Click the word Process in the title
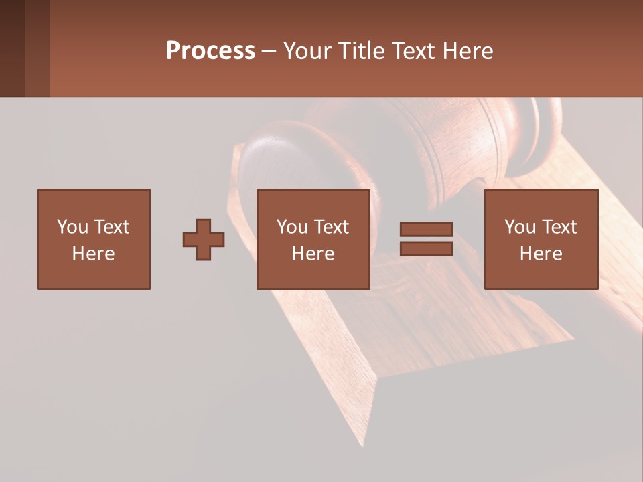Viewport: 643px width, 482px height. [x=210, y=51]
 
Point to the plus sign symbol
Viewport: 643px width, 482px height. [x=204, y=240]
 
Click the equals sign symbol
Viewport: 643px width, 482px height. [x=426, y=239]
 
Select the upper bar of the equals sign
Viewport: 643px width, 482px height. [x=426, y=230]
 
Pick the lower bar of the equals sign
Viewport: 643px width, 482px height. [x=426, y=249]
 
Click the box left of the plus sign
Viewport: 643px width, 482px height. [x=94, y=239]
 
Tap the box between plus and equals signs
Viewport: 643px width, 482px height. [x=313, y=239]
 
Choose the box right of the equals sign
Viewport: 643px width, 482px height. [x=541, y=239]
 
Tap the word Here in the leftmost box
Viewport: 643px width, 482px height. [x=94, y=254]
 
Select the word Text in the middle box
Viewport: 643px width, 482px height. [x=331, y=227]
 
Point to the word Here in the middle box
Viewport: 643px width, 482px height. [x=313, y=254]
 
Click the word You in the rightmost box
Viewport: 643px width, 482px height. [x=520, y=227]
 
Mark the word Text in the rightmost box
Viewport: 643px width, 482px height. [x=559, y=227]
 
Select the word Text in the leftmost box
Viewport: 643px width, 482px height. [x=111, y=227]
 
